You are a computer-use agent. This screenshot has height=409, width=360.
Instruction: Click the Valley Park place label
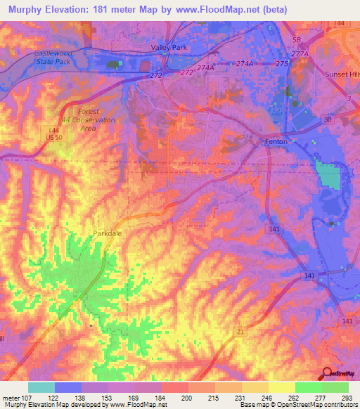[167, 47]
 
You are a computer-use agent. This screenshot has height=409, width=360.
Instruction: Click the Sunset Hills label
[340, 73]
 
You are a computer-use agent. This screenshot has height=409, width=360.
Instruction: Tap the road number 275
[282, 63]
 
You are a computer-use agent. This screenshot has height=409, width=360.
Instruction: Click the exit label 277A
[300, 53]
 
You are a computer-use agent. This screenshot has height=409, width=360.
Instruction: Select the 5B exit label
[296, 39]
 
